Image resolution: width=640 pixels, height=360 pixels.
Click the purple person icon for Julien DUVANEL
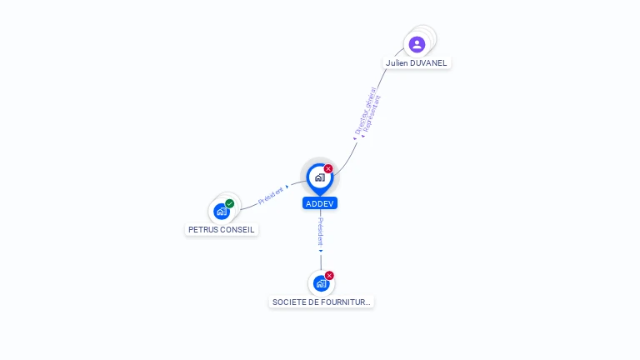pyautogui.click(x=417, y=44)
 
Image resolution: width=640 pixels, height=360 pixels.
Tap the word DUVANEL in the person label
pyautogui.click(x=429, y=63)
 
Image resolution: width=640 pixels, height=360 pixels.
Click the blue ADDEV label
pyautogui.click(x=320, y=203)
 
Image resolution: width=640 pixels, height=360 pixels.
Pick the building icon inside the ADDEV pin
pyautogui.click(x=319, y=177)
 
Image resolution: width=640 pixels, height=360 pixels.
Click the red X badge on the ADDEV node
pyautogui.click(x=328, y=169)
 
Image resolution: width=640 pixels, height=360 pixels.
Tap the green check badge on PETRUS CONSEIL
pyautogui.click(x=230, y=203)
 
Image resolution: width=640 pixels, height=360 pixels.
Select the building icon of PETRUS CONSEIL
pyautogui.click(x=221, y=212)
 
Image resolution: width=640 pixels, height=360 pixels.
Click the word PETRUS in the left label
pyautogui.click(x=203, y=230)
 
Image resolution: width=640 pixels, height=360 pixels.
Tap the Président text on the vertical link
pyautogui.click(x=321, y=231)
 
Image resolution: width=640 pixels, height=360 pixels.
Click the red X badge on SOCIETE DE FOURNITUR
pyautogui.click(x=329, y=276)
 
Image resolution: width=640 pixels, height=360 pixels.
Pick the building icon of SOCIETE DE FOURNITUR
pyautogui.click(x=321, y=284)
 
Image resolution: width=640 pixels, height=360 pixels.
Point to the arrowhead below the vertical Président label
pyautogui.click(x=321, y=250)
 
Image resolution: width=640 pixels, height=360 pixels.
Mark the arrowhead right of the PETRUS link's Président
pyautogui.click(x=287, y=187)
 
